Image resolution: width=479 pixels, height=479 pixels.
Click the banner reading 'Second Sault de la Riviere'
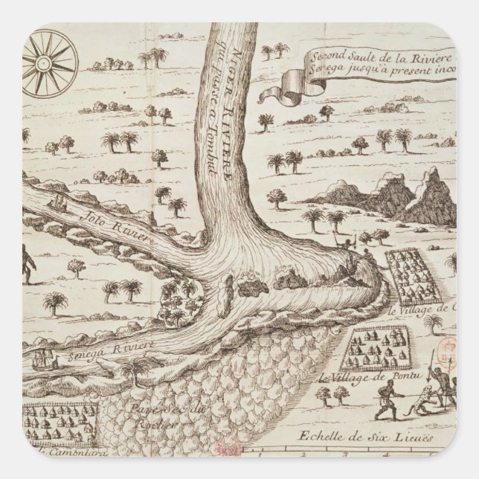click(350, 65)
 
